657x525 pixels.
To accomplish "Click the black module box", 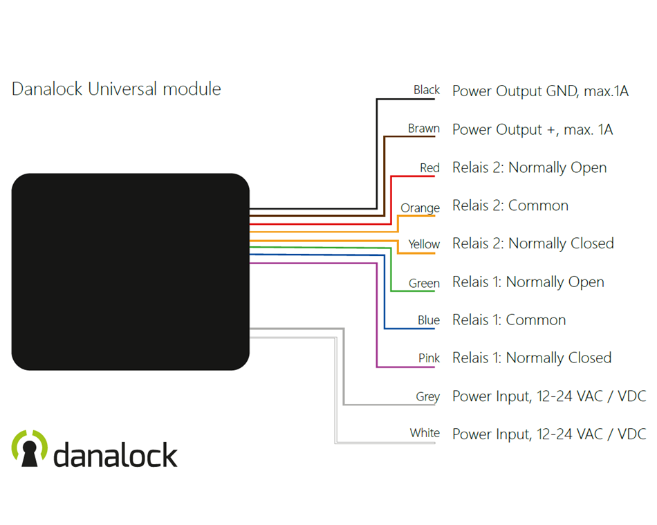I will tap(130, 272).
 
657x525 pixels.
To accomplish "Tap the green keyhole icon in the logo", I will tap(30, 448).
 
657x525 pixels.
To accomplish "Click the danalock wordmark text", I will tap(115, 455).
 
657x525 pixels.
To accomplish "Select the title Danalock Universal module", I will tap(116, 89).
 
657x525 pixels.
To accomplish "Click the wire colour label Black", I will tap(426, 90).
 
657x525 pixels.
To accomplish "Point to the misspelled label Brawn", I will tap(423, 129).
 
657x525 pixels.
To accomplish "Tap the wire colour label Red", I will tap(429, 168).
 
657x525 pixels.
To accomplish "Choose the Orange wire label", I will tap(420, 208).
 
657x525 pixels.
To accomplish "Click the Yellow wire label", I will tap(423, 244).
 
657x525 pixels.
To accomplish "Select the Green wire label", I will tap(424, 284).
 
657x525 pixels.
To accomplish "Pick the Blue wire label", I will tap(428, 320).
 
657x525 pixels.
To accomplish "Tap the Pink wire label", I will tap(429, 358).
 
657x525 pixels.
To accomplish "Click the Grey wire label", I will tap(427, 396).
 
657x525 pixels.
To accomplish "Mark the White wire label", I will tap(425, 433).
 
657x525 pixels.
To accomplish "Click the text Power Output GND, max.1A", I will tap(540, 91).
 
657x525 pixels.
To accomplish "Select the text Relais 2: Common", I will tap(510, 205).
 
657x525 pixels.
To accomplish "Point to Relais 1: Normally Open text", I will tap(528, 282).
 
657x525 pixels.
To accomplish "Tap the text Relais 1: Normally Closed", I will tap(531, 358).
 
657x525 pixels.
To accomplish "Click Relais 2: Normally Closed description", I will tap(533, 243).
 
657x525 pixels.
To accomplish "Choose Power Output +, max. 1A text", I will tap(532, 130).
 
